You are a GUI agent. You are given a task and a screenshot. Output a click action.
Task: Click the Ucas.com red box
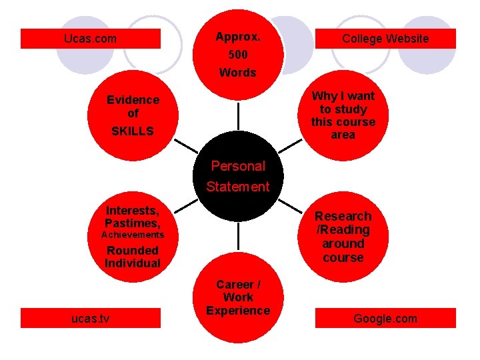[x=90, y=39]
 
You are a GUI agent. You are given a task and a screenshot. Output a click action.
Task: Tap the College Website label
[x=385, y=39]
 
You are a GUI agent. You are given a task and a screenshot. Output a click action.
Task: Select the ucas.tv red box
[x=90, y=319]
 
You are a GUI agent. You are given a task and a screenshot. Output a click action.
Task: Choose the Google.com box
[x=385, y=319]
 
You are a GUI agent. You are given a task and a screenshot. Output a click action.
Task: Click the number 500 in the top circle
[x=238, y=55]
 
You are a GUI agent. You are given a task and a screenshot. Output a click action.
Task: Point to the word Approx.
[x=238, y=37]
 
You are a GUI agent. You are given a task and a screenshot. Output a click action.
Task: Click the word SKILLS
[x=132, y=131]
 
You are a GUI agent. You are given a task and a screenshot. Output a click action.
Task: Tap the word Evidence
[x=133, y=100]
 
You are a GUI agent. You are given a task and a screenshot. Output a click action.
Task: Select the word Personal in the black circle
[x=238, y=166]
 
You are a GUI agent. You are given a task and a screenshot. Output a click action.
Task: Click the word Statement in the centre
[x=238, y=187]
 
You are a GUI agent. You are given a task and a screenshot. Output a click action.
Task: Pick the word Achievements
[x=132, y=235]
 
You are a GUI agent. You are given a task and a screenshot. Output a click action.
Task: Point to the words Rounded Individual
[x=133, y=257]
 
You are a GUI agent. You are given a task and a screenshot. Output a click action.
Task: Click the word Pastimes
[x=132, y=223]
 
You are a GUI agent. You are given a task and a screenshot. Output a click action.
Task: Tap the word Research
[x=343, y=216]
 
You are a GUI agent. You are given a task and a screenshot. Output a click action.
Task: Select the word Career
[x=238, y=285]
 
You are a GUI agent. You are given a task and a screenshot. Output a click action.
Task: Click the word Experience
[x=238, y=310]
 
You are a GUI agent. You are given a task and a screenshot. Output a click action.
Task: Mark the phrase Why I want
[x=343, y=96]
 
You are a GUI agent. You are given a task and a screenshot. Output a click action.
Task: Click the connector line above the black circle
[x=238, y=117]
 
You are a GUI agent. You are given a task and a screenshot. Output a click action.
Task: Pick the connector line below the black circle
[x=238, y=240]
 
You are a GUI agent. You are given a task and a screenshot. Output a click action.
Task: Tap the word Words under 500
[x=238, y=73]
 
